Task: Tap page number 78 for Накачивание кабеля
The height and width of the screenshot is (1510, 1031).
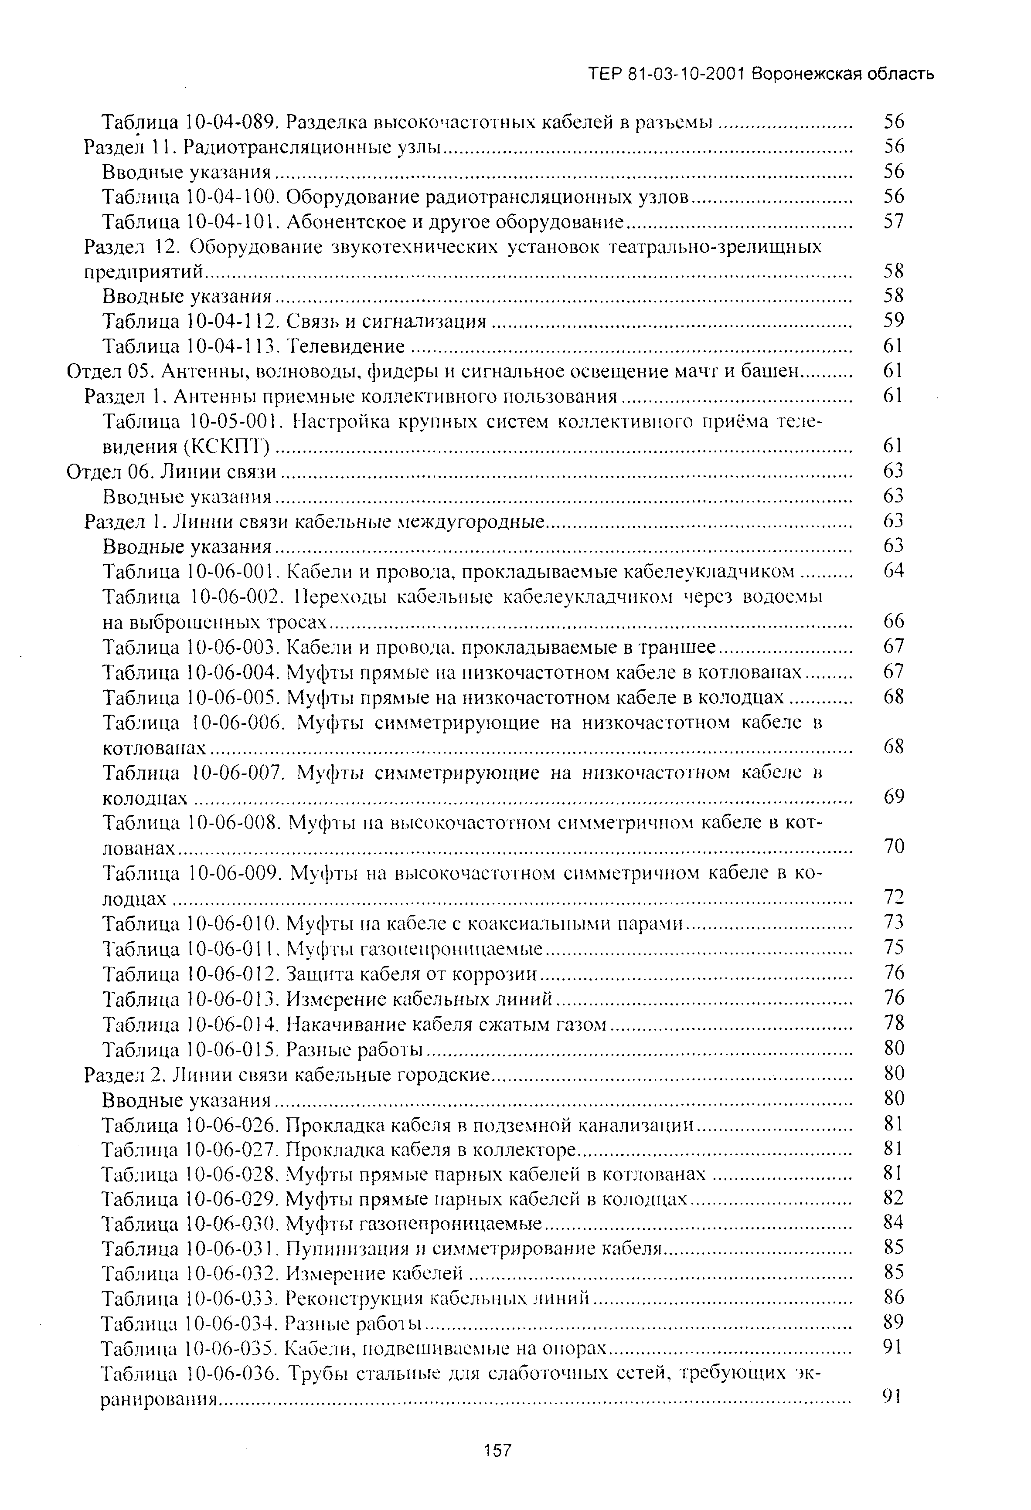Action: pos(895,1023)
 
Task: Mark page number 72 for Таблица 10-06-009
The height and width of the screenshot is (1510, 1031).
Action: pos(895,897)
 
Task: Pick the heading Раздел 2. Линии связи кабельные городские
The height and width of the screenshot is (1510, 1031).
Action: pos(286,1074)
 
